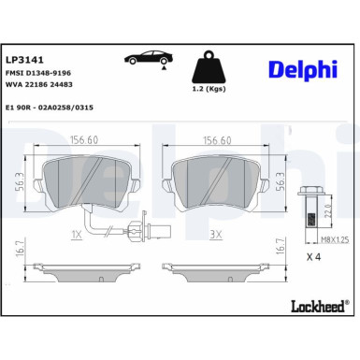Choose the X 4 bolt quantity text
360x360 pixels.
[x=314, y=257]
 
